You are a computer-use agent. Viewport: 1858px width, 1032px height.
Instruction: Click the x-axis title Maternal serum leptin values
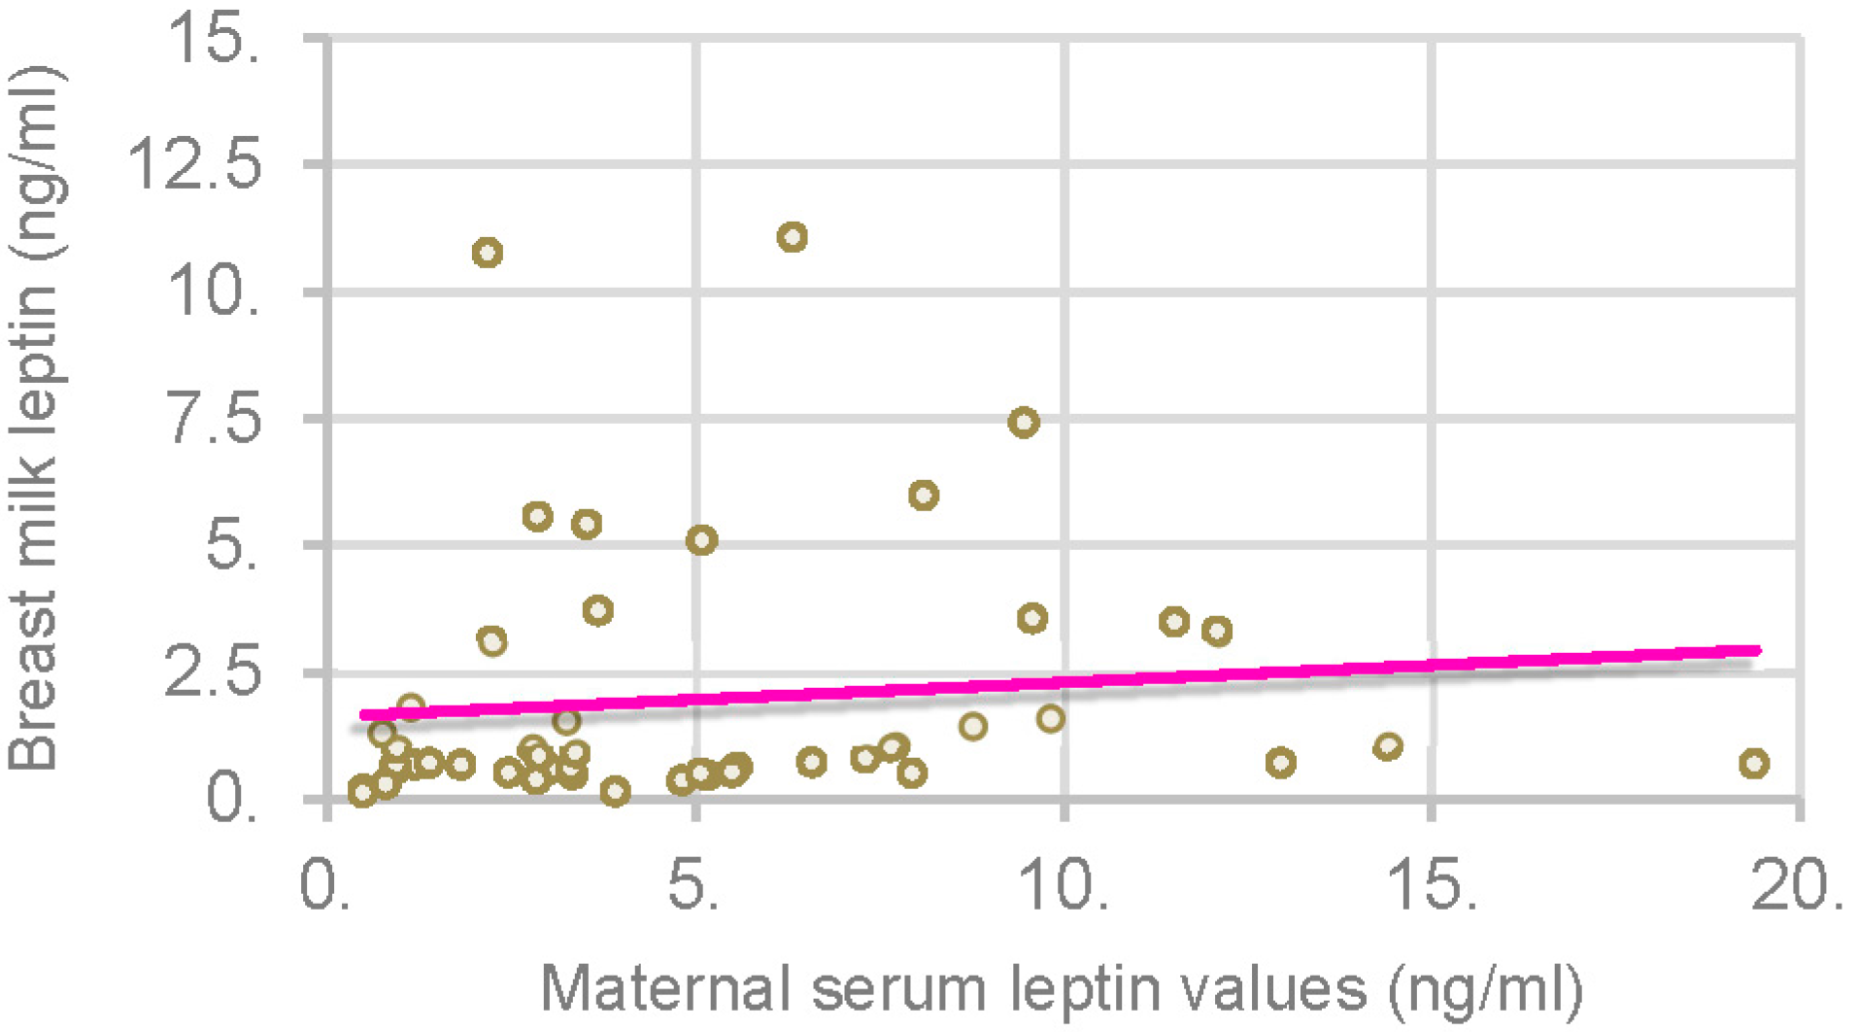1061,989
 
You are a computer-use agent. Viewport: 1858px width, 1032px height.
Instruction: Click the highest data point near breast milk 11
793,237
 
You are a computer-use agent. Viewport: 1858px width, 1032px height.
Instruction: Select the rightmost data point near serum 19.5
1753,764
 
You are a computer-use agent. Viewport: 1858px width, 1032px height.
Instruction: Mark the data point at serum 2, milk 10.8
487,254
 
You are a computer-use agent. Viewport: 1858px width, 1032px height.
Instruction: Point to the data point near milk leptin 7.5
1024,423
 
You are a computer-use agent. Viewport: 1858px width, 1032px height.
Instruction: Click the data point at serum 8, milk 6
924,496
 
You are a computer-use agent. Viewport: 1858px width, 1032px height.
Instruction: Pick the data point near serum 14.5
1388,746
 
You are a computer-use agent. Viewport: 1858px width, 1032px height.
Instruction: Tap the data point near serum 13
1281,763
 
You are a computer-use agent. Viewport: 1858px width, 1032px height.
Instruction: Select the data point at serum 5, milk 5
701,540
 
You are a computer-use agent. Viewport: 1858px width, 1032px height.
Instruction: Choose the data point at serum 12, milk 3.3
1217,632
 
